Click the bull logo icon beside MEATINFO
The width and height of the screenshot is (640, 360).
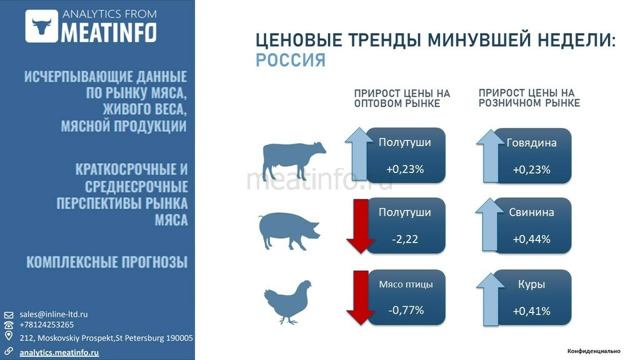click(x=42, y=26)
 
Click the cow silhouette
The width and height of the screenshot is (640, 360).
click(x=294, y=160)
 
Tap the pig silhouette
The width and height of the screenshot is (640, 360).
click(x=289, y=230)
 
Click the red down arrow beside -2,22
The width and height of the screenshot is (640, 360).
click(x=360, y=226)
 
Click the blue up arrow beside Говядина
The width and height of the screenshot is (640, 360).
click(x=490, y=156)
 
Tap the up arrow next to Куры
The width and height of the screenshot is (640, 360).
click(x=490, y=299)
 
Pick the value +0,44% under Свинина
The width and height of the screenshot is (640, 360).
click(x=531, y=239)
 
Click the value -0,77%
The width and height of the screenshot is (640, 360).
click(x=406, y=310)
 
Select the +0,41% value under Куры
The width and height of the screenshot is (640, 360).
click(x=531, y=311)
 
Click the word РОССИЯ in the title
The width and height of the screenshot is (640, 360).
click(x=291, y=60)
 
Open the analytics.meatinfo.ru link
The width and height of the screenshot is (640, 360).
click(x=59, y=352)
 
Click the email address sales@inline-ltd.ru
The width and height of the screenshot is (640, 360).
click(x=54, y=314)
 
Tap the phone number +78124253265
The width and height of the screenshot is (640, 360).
click(x=46, y=325)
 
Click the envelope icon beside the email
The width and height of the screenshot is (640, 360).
click(x=9, y=315)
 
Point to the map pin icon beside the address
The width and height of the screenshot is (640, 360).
click(x=9, y=336)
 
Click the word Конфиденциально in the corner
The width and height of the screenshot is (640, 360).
click(x=594, y=351)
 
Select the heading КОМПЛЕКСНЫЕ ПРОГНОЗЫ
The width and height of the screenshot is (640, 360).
click(x=107, y=262)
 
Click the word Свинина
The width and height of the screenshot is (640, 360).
click(x=531, y=212)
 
